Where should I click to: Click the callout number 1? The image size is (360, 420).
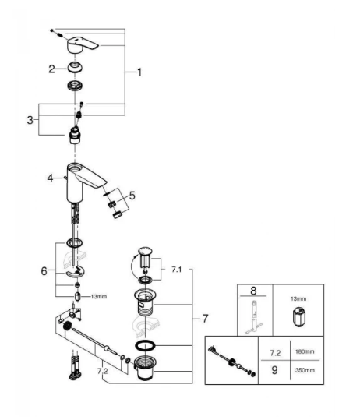[139, 72]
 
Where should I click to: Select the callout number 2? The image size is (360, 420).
[51, 69]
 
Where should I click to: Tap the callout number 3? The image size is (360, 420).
[30, 120]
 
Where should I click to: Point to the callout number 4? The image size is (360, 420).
[51, 178]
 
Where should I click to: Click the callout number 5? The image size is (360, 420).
[132, 196]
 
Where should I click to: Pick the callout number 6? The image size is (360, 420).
[44, 271]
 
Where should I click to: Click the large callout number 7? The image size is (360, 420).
[205, 319]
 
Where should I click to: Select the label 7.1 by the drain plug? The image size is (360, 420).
[177, 270]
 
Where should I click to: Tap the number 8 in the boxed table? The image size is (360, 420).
[253, 291]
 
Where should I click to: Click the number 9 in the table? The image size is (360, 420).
[274, 370]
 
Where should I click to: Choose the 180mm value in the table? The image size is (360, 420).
[305, 351]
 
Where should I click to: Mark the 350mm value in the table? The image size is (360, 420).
[305, 370]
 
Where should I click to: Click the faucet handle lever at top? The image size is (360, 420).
[83, 44]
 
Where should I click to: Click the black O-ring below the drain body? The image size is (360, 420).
[146, 345]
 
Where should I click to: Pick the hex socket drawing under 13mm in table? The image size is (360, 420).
[298, 317]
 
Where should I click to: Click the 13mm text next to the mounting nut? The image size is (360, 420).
[99, 297]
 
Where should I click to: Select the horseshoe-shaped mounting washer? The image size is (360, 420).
[75, 273]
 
